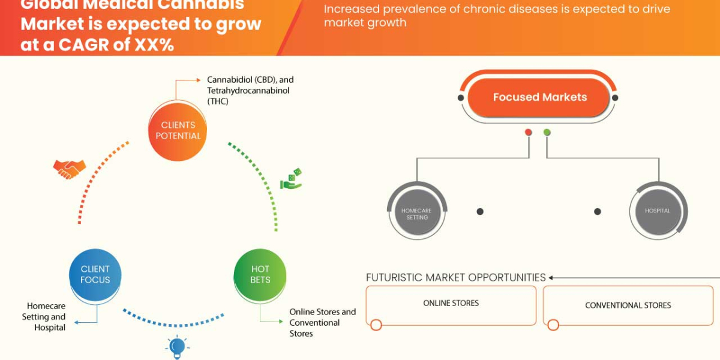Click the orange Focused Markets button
(x=539, y=97)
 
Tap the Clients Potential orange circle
(x=178, y=130)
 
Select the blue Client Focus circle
(x=95, y=274)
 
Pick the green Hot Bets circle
(x=260, y=274)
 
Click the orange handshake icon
(x=69, y=169)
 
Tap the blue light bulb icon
(x=177, y=347)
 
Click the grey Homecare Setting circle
(x=417, y=211)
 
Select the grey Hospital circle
(x=658, y=211)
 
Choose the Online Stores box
(x=451, y=305)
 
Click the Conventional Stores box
(x=628, y=305)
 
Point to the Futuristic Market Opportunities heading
(x=456, y=278)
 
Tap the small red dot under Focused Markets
(x=528, y=132)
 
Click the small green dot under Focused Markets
(x=547, y=132)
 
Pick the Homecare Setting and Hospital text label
(x=44, y=316)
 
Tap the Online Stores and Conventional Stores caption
(x=322, y=322)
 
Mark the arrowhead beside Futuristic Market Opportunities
(x=551, y=278)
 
